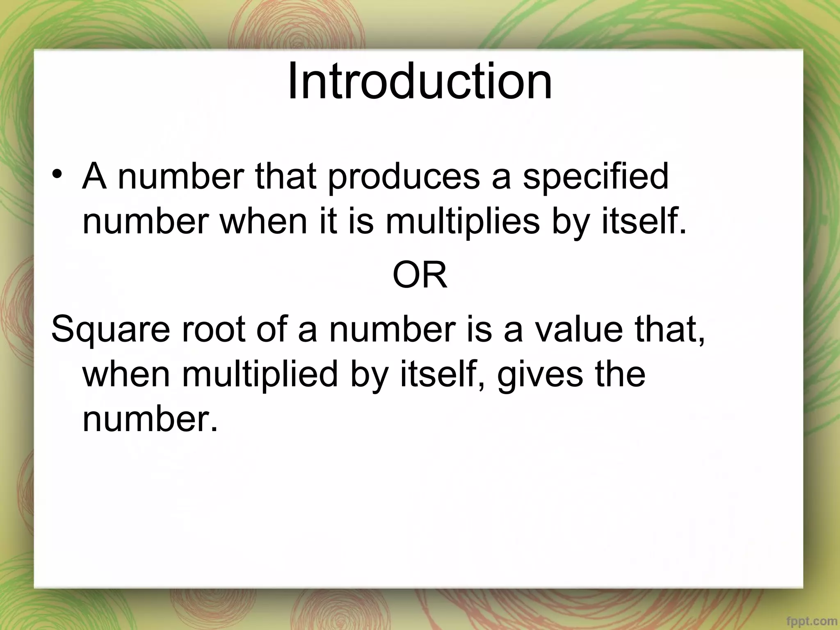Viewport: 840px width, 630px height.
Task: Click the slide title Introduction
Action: point(420,82)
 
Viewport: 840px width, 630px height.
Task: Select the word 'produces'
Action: point(404,177)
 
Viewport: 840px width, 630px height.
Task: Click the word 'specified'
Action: point(596,177)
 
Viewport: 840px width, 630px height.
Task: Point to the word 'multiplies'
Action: point(462,222)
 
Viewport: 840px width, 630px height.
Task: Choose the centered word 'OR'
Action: point(420,276)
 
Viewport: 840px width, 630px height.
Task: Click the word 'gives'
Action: point(540,375)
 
